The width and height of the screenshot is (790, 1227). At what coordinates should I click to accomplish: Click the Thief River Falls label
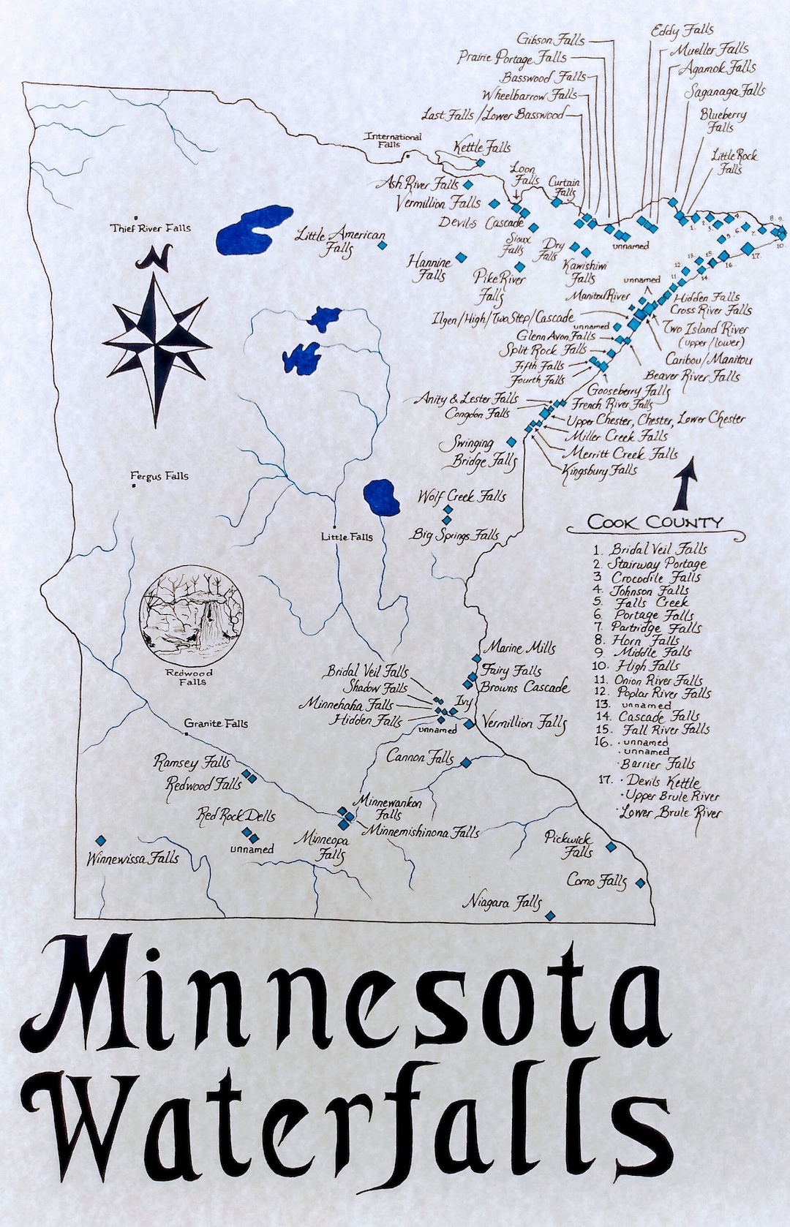coord(150,228)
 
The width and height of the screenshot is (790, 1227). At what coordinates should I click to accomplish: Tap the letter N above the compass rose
coord(157,257)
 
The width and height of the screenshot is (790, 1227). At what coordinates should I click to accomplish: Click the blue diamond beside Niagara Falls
coord(551,915)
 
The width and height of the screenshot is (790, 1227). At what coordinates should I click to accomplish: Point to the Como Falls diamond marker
coord(641,883)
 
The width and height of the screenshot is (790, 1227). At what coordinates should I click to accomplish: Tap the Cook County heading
coord(655,522)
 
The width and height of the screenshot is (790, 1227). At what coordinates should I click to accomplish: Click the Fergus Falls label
coord(159,476)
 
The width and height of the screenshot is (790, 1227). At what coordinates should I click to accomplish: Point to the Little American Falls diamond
coord(381,246)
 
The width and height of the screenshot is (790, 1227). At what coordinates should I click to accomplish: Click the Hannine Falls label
coord(429,268)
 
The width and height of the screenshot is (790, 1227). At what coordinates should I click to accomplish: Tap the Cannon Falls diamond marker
coord(466,763)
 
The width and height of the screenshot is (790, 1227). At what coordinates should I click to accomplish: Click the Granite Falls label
coord(216,723)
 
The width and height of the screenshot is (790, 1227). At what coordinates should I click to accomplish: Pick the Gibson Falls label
coord(550,39)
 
